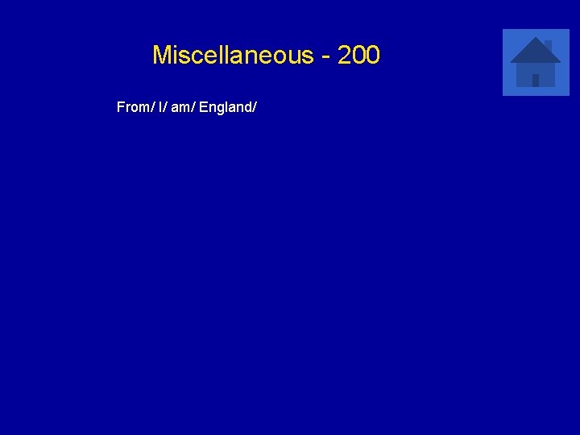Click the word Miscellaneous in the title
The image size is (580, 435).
(232, 56)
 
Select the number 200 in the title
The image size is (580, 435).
(359, 56)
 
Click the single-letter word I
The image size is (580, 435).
(161, 107)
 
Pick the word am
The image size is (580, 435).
(180, 107)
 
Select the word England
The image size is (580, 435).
(225, 107)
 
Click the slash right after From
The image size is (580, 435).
(153, 107)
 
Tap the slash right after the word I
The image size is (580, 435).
(167, 107)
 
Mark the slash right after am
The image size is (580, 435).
(193, 107)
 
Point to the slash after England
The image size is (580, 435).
(255, 107)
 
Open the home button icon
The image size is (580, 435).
(536, 62)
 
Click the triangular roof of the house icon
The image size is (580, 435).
(535, 51)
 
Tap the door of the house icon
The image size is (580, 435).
(536, 80)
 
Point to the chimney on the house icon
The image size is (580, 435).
(549, 44)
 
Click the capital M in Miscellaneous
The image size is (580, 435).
(162, 56)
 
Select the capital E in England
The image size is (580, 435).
(203, 107)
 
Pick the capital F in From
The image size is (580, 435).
(121, 107)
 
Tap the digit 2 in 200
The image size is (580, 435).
(345, 56)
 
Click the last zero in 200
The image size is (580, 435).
(373, 56)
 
